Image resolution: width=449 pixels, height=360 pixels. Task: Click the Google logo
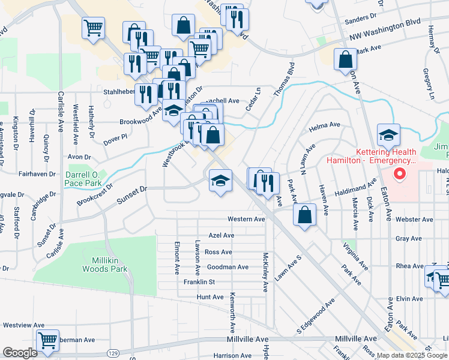click(x=20, y=353)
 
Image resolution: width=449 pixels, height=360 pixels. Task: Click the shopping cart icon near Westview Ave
click(x=47, y=340)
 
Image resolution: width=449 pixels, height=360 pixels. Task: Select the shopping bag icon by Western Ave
click(x=306, y=216)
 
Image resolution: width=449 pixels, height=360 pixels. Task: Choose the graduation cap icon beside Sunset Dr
click(x=220, y=181)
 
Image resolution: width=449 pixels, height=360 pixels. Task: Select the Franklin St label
click(x=199, y=282)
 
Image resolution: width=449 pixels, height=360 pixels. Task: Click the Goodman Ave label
click(x=227, y=267)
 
